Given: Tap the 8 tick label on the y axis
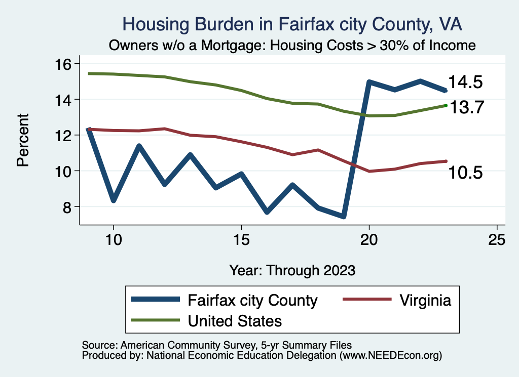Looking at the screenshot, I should (x=66, y=207).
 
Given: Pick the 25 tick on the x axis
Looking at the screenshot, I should (x=497, y=239).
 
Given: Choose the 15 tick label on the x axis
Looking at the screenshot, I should (x=241, y=239).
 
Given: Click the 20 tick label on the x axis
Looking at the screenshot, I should (x=369, y=239).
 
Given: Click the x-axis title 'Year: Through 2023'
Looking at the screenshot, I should (x=292, y=270).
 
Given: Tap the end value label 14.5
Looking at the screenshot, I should (x=465, y=82).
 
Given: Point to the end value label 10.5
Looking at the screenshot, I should (x=465, y=173).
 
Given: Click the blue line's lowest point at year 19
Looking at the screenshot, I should (x=344, y=216).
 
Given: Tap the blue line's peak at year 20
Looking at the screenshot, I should (x=369, y=82).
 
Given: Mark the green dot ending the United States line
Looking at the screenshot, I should (x=446, y=105).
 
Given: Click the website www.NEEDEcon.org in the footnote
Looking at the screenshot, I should (x=390, y=356).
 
